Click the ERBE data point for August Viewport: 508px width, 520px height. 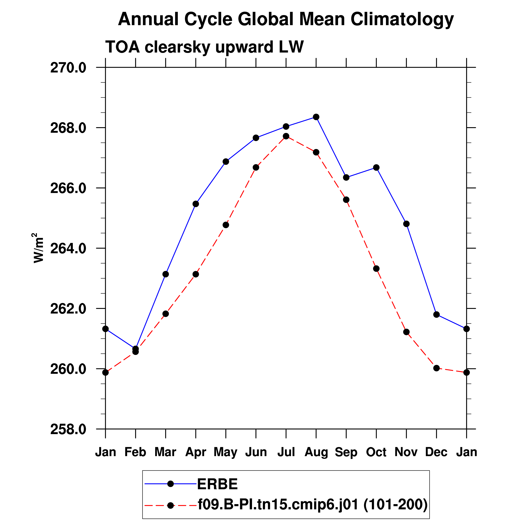316,117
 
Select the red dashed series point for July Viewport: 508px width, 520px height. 286,136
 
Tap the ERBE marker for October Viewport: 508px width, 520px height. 376,168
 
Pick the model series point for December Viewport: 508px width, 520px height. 437,368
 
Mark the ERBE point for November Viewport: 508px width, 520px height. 406,224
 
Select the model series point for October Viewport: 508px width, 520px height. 376,269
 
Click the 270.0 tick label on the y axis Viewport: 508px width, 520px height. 68,68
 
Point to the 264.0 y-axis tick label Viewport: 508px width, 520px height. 68,249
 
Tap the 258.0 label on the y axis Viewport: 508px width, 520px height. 68,429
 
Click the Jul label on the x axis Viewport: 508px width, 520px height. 286,452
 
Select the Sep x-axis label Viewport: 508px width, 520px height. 346,452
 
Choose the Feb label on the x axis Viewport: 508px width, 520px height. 135,452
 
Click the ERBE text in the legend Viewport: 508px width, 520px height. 217,484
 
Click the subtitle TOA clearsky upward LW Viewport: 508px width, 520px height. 204,47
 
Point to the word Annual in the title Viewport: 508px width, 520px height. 148,19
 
